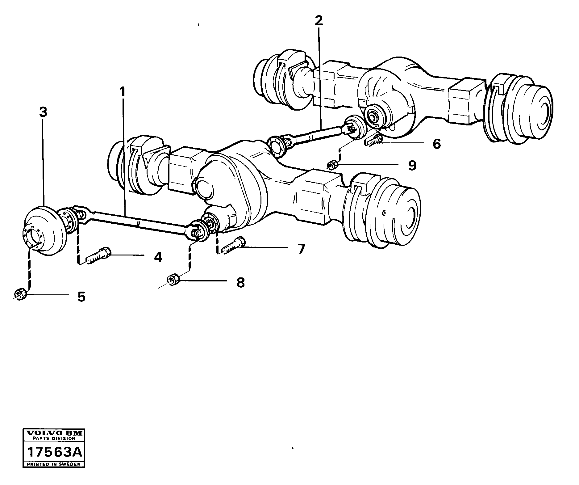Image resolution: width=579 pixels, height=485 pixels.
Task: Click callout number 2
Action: pyautogui.click(x=319, y=20)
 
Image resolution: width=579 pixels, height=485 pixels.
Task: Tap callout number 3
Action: pyautogui.click(x=43, y=112)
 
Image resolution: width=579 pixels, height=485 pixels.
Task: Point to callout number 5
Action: pyautogui.click(x=81, y=297)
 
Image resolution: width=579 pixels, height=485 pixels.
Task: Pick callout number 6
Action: pyautogui.click(x=436, y=144)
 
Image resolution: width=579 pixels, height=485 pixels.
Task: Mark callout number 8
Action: pyautogui.click(x=240, y=282)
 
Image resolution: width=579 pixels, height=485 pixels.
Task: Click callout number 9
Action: pyautogui.click(x=412, y=166)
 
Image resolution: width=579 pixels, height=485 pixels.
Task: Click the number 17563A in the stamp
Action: pyautogui.click(x=54, y=453)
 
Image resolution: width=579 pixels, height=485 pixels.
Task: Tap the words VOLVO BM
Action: pyautogui.click(x=54, y=434)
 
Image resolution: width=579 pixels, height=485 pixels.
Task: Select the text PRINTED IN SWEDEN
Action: pyautogui.click(x=54, y=464)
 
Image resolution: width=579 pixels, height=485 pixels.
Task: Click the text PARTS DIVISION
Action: pyautogui.click(x=54, y=438)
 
